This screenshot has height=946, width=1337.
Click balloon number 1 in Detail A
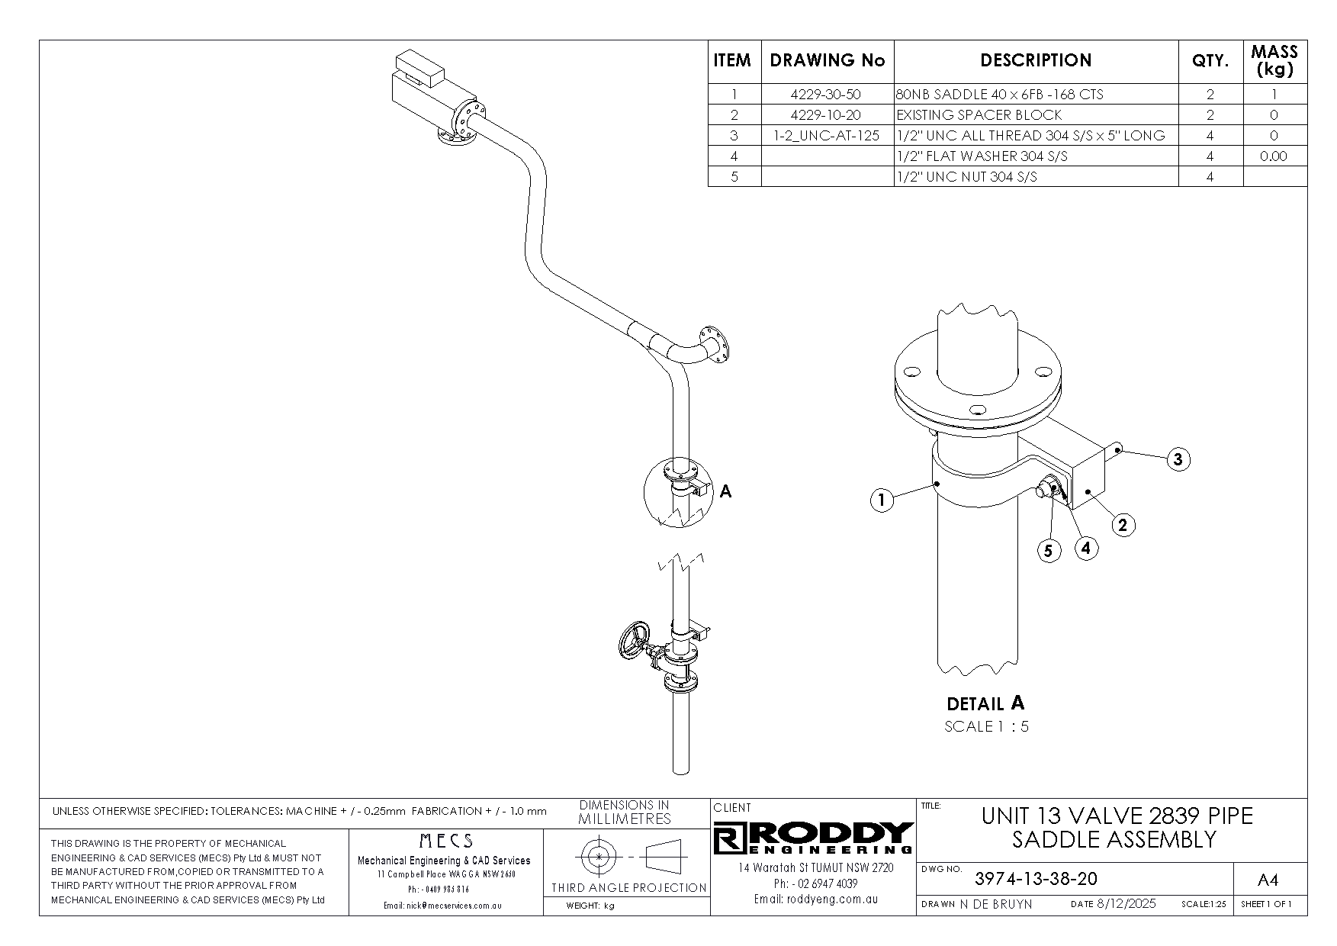tap(882, 501)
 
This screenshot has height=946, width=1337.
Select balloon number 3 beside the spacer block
tap(1178, 459)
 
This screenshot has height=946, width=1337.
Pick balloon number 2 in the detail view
tap(1123, 525)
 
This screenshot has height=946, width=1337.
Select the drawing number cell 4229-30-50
tap(828, 95)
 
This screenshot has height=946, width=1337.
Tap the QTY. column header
tap(1210, 61)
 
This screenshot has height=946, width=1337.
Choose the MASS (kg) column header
tap(1274, 61)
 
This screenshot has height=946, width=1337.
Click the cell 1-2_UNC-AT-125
tap(828, 136)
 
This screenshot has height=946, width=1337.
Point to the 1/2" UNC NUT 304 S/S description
tap(966, 177)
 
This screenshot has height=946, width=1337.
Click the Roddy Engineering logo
tap(814, 838)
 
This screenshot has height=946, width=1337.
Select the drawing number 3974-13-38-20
tap(1036, 879)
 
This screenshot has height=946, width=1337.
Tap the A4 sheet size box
tap(1267, 880)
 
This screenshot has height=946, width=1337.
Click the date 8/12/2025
tap(1126, 904)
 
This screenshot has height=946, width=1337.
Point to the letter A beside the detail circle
tap(725, 491)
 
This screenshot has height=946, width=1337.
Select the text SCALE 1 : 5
tap(986, 726)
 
